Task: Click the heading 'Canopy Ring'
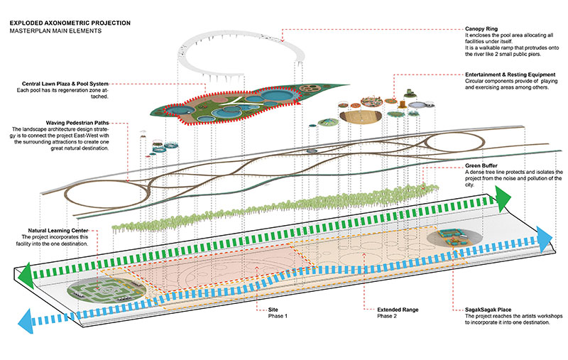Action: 481,28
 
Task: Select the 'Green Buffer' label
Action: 481,166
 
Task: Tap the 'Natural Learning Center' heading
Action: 58,231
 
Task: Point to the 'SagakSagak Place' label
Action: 488,310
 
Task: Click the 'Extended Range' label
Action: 398,310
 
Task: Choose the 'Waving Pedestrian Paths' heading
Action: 77,123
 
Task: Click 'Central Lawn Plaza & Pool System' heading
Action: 65,84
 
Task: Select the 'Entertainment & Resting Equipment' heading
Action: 510,75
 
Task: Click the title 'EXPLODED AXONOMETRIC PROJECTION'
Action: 70,23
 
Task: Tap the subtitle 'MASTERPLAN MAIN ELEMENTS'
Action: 55,31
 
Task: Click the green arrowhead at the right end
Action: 503,199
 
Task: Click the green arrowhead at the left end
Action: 26,276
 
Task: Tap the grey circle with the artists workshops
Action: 454,238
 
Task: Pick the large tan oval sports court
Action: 361,116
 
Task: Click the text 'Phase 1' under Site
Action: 278,316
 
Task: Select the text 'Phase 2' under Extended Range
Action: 387,316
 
